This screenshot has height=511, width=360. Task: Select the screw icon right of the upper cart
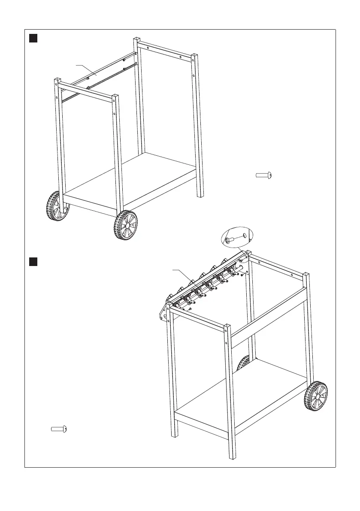coord(264,175)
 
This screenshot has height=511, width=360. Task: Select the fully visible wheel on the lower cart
coord(316,396)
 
